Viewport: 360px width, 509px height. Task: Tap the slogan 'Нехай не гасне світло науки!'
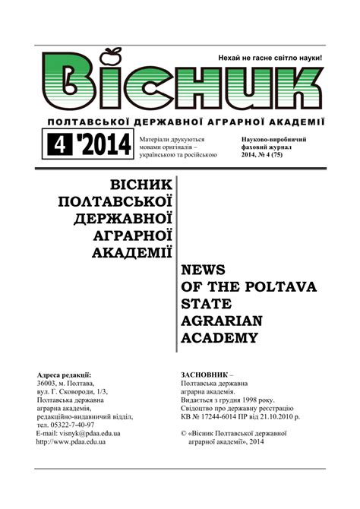(270, 58)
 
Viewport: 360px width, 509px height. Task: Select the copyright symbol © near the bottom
(185, 433)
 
